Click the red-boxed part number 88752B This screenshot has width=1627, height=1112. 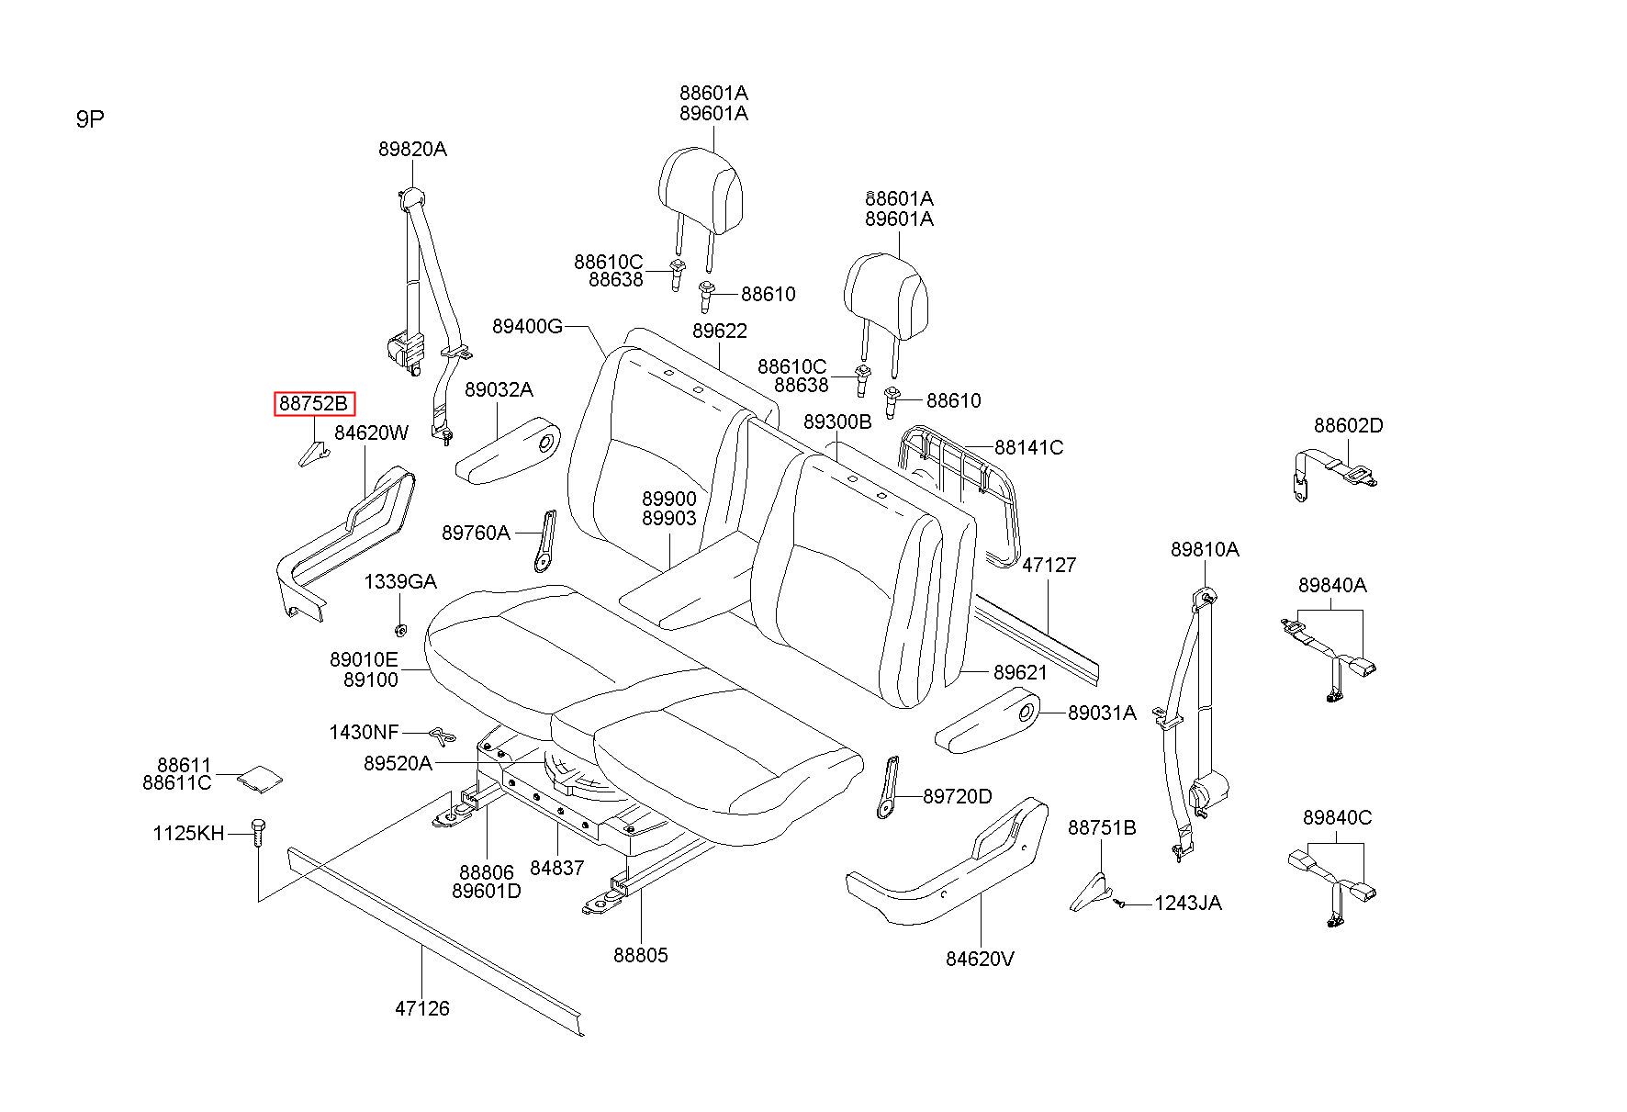pos(314,404)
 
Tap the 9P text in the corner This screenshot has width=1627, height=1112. pos(90,120)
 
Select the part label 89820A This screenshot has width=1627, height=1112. pos(412,149)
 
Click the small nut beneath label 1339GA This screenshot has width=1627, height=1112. pos(400,630)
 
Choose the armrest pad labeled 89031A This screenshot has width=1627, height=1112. pos(986,719)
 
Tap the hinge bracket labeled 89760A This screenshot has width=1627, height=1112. pos(544,541)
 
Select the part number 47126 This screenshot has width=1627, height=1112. pos(422,1008)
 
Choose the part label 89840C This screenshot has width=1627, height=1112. pos(1337,817)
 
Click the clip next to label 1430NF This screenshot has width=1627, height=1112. pos(442,736)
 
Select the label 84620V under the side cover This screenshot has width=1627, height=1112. pos(980,959)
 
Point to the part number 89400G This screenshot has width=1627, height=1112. pos(527,326)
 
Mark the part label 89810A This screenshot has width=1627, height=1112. pos(1205,549)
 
